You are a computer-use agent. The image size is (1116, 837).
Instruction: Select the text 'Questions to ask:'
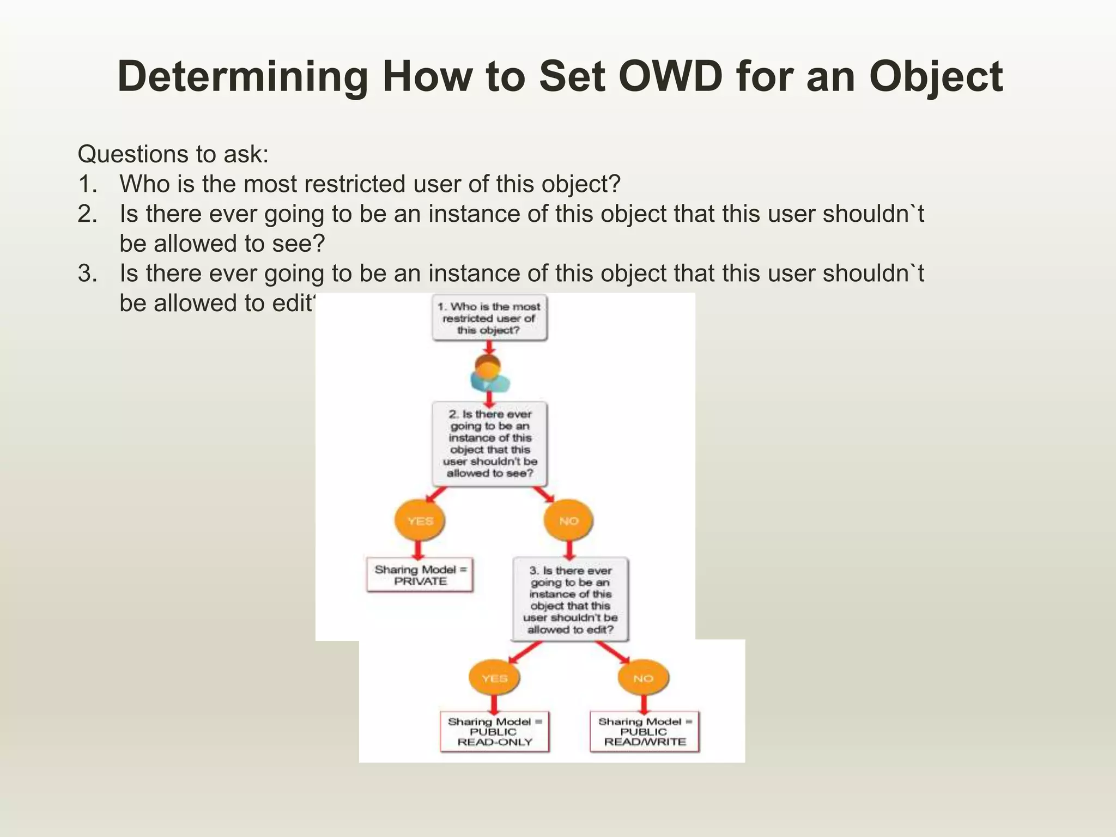point(173,154)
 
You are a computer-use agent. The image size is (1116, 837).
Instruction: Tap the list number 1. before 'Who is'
point(87,184)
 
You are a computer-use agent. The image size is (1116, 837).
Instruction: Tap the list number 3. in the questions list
point(87,274)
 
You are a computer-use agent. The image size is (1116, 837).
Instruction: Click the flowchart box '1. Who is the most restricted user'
point(489,318)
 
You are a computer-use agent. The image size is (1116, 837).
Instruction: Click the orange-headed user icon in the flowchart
point(489,374)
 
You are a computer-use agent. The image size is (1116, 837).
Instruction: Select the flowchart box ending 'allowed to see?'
point(489,444)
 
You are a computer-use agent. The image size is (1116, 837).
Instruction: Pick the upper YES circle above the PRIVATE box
point(420,520)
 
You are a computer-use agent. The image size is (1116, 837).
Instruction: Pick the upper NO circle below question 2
point(568,520)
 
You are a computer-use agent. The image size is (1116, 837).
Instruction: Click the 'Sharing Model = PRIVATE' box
point(420,575)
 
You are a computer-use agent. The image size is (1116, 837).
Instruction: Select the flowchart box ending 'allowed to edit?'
point(570,599)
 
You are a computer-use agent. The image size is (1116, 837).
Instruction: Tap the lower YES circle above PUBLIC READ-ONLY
point(494,678)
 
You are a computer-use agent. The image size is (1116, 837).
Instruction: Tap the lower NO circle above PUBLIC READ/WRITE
point(643,678)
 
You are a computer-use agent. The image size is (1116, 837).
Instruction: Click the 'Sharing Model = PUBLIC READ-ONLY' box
point(494,732)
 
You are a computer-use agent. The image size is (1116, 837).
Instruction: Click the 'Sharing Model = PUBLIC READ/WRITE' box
point(644,732)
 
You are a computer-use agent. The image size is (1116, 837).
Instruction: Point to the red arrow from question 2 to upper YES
point(436,495)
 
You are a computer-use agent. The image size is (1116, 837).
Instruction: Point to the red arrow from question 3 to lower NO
point(612,652)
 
